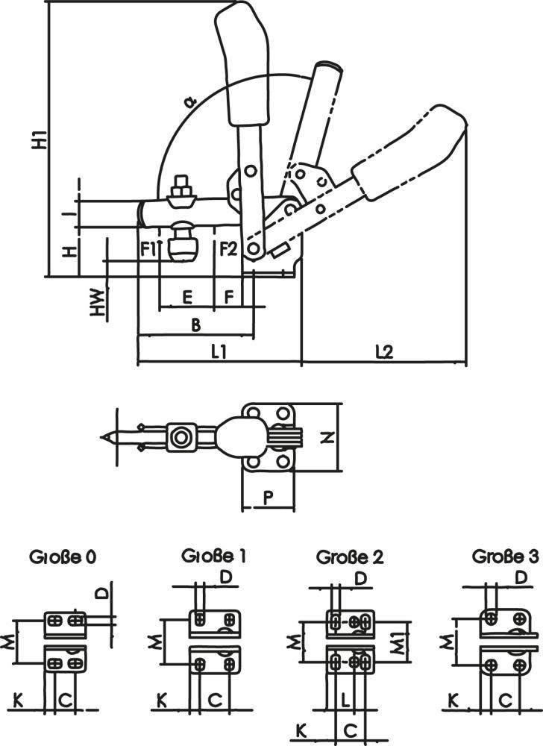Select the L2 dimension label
[x=384, y=352]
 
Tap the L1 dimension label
[x=219, y=352]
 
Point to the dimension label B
[x=195, y=325]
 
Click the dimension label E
[x=187, y=297]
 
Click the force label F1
[x=148, y=248]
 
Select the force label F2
[x=228, y=248]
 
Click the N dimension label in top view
[x=327, y=438]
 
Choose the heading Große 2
[x=351, y=557]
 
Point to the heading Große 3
[x=505, y=556]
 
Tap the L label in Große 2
[x=347, y=700]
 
